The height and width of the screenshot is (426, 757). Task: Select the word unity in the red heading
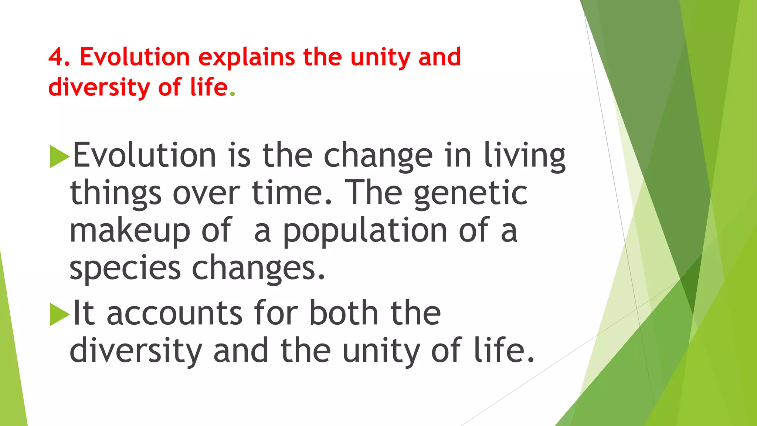pyautogui.click(x=380, y=58)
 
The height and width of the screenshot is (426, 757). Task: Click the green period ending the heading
pyautogui.click(x=232, y=94)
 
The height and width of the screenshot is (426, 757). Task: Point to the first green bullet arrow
pyautogui.click(x=59, y=156)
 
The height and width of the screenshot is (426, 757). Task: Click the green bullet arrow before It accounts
pyautogui.click(x=59, y=314)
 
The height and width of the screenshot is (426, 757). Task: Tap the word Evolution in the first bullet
pyautogui.click(x=145, y=155)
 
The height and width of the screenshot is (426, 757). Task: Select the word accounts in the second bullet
pyautogui.click(x=174, y=314)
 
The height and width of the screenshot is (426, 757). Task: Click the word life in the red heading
pyautogui.click(x=209, y=88)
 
